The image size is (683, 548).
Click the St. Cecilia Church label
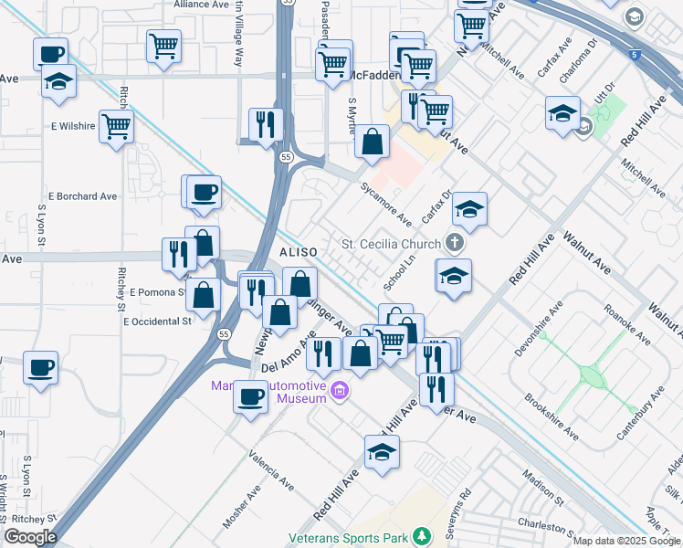pos(392,244)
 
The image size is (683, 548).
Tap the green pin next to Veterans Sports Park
pos(421,535)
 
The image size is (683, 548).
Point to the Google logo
pos(30,537)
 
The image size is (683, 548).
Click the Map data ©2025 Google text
pos(626,541)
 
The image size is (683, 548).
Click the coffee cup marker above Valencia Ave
pos(250,397)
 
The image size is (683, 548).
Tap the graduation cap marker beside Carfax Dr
pos(469,209)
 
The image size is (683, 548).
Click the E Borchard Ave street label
pos(83,195)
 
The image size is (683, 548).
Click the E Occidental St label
pos(157,321)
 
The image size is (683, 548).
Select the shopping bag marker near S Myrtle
pos(372,142)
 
